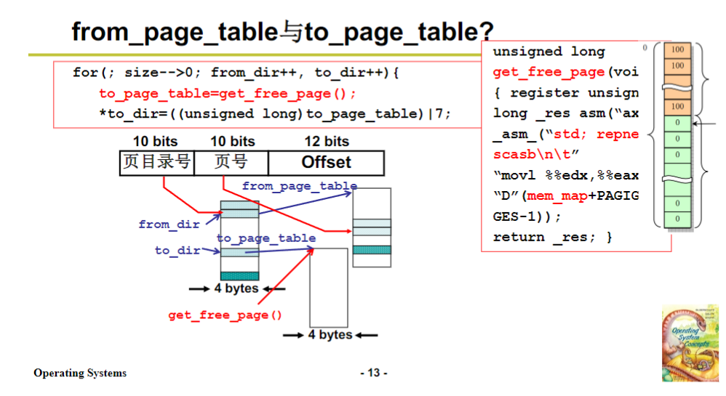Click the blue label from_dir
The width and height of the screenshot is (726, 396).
point(169,225)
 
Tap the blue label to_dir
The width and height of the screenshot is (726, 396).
point(177,251)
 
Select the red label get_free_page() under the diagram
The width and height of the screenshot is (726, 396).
point(225,315)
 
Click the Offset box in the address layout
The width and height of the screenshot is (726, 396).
point(326,163)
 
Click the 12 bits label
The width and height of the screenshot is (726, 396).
point(327,142)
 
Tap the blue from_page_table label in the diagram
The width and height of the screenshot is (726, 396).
point(299,186)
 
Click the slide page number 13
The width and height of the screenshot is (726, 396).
point(374,373)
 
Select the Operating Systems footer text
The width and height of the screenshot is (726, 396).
point(80,373)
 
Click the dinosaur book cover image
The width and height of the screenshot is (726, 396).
point(690,342)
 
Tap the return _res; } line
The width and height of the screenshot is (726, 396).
point(553,237)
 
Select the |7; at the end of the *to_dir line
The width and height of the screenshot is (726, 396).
point(444,114)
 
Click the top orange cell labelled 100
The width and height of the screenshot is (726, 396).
point(677,50)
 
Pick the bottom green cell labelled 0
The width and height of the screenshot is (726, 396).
point(677,219)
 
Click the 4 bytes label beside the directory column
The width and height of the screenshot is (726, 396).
point(236,288)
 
